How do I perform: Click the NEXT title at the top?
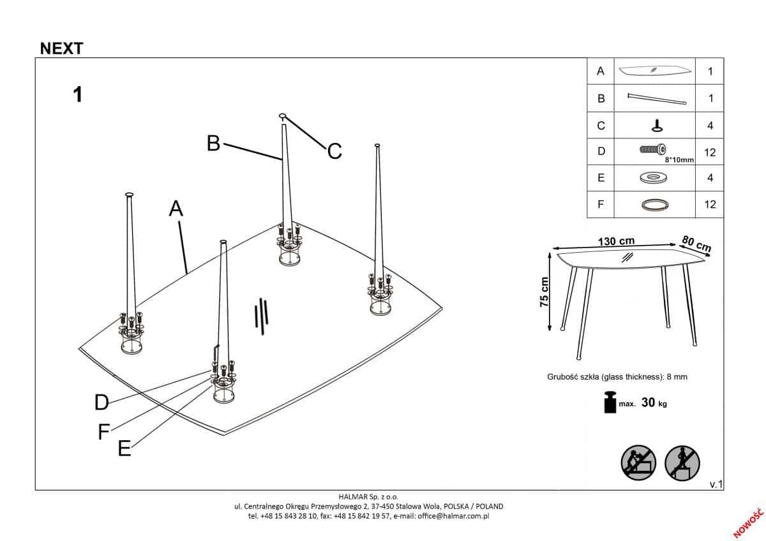click(x=61, y=48)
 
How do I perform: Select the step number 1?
click(x=78, y=94)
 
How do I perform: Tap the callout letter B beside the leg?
click(x=214, y=143)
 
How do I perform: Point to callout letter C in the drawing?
click(x=334, y=152)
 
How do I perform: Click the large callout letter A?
click(x=176, y=208)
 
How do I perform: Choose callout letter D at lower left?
click(x=101, y=402)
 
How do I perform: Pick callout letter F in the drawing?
click(x=104, y=433)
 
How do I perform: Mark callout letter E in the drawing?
click(x=124, y=449)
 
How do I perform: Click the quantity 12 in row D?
click(x=710, y=152)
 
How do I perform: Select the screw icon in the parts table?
click(x=652, y=149)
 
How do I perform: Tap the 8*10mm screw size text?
click(x=679, y=160)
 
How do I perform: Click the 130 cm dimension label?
click(x=616, y=241)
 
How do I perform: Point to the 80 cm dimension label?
click(x=696, y=243)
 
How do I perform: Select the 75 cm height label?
click(x=544, y=292)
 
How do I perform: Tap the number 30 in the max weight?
click(x=648, y=403)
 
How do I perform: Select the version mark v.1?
click(x=715, y=485)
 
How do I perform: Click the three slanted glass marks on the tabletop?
click(x=262, y=314)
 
